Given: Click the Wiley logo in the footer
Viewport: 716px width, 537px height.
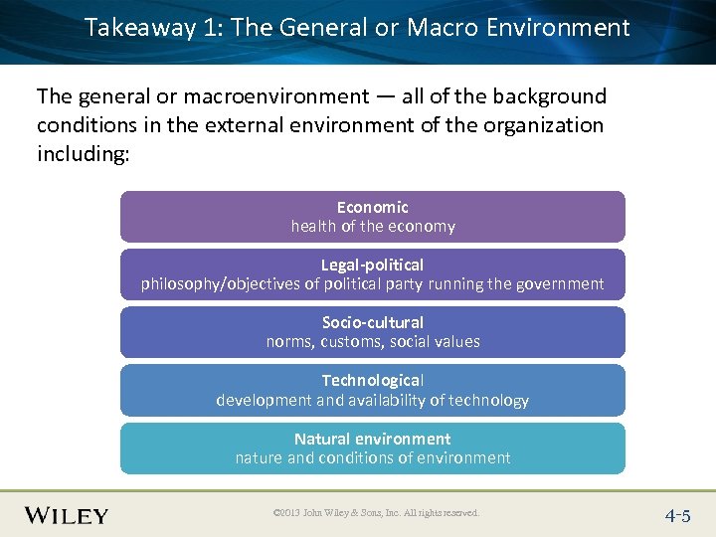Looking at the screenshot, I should (x=67, y=515).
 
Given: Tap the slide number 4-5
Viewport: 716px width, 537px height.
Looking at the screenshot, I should (x=678, y=515).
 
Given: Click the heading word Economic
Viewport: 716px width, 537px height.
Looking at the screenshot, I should (x=372, y=207).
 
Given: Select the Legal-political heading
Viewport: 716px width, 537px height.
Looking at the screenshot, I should (x=372, y=265).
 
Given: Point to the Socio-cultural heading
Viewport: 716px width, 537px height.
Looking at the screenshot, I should (x=372, y=322).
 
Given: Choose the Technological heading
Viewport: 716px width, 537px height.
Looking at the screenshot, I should (x=372, y=380).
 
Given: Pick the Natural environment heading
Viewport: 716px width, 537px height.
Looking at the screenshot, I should (x=372, y=439).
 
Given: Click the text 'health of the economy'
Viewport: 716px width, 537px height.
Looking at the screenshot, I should (x=372, y=226).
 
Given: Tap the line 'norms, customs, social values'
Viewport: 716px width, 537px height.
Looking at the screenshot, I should (x=372, y=341).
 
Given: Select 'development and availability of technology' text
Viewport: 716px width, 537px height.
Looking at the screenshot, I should (x=372, y=400).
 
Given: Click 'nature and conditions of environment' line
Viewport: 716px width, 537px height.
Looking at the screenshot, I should (x=372, y=457).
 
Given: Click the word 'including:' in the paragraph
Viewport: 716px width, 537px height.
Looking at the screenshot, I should (x=83, y=154).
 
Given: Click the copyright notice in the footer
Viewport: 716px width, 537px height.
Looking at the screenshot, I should (x=375, y=513).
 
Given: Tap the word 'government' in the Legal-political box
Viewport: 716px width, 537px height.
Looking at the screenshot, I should (x=556, y=284).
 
